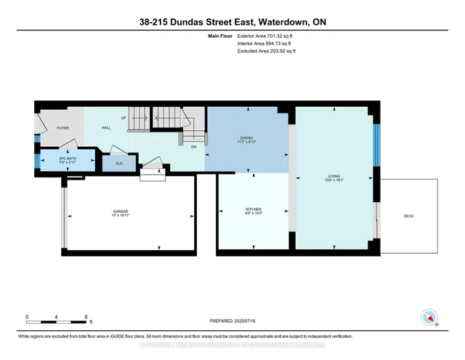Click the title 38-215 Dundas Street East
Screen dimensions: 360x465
(232, 22)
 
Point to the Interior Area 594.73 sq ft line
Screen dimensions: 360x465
(266, 44)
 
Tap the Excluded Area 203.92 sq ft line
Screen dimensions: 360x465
(267, 52)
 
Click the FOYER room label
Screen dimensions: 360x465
(62, 127)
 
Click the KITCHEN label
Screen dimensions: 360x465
(253, 209)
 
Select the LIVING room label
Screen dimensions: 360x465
(333, 175)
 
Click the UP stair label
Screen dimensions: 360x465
(123, 118)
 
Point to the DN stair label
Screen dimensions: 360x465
(193, 146)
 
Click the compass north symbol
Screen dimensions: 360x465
(430, 317)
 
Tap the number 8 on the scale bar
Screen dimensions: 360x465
(86, 317)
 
